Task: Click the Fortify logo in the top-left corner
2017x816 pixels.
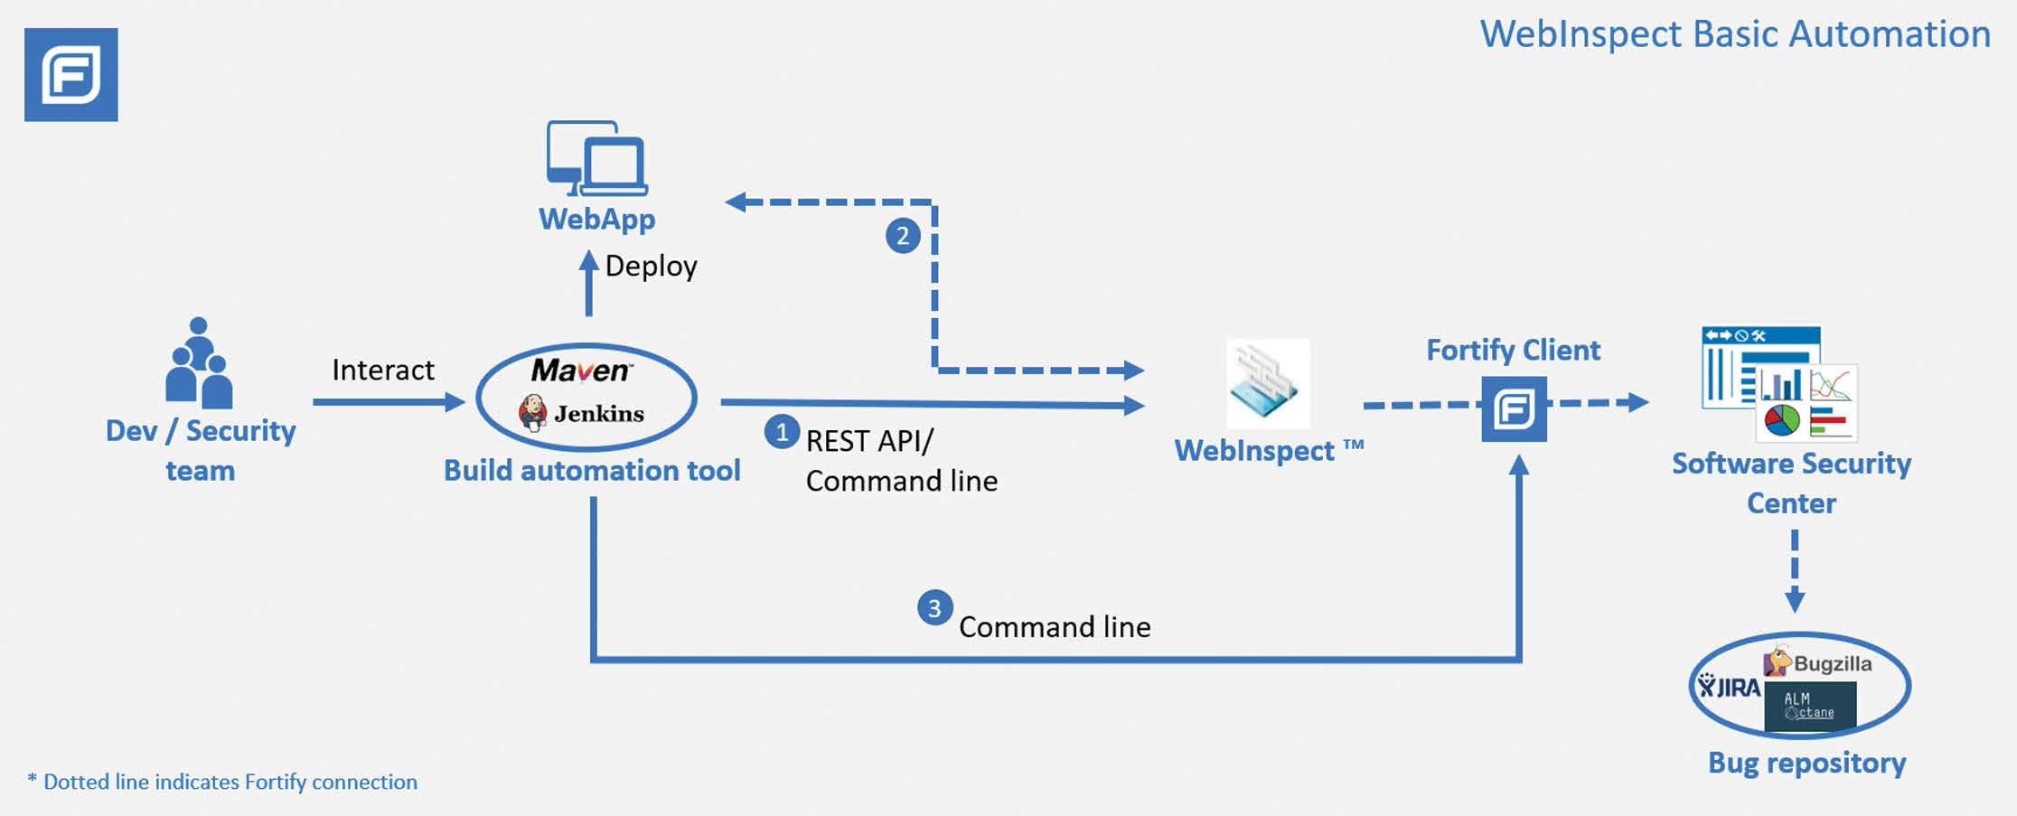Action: click(70, 75)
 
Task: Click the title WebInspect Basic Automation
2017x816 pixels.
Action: click(1734, 34)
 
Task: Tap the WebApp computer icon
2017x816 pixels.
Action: click(596, 158)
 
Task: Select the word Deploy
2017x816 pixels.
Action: click(651, 267)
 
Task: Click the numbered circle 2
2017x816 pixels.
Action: click(902, 236)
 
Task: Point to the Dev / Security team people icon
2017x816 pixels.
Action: click(199, 363)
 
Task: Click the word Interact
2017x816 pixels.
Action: click(382, 370)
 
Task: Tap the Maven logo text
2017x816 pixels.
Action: click(581, 370)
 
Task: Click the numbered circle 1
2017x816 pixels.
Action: click(781, 432)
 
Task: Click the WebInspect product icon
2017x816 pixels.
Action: click(1267, 383)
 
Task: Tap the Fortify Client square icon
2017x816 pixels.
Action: click(1514, 409)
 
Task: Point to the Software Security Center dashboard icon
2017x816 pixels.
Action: click(1778, 384)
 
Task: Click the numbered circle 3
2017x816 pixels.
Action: click(934, 608)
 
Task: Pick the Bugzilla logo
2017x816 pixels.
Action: click(1818, 662)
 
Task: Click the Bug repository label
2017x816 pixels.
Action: click(1806, 764)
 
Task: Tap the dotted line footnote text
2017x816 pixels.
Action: click(222, 782)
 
